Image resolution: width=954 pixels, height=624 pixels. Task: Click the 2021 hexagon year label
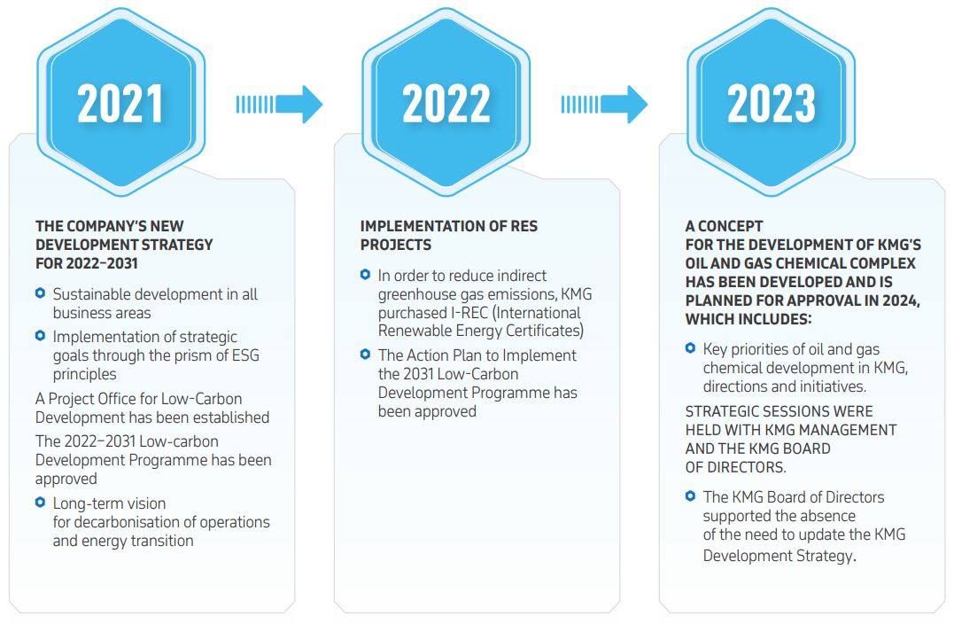(x=120, y=104)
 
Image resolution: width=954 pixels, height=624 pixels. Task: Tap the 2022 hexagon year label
(x=446, y=104)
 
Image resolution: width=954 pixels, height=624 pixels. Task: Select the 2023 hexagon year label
(x=771, y=104)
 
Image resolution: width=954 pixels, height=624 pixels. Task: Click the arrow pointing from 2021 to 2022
(x=279, y=105)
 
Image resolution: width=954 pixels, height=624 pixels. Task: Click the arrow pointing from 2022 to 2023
(x=604, y=105)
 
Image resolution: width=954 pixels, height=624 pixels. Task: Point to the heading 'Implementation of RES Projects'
(x=448, y=236)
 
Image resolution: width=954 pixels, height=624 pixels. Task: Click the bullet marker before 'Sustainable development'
(x=40, y=292)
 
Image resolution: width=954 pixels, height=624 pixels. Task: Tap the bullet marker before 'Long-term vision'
(x=40, y=503)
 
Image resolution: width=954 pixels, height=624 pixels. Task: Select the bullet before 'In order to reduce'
(x=365, y=275)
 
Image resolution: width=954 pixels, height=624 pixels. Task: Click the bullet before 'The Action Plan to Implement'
(x=365, y=354)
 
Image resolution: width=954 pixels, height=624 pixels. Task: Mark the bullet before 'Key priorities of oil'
(x=690, y=348)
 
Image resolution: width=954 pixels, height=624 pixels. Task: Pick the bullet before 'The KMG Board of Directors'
(x=690, y=496)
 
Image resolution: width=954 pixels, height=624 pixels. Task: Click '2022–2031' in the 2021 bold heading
(x=102, y=263)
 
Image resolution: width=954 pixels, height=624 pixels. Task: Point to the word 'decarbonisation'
(x=135, y=522)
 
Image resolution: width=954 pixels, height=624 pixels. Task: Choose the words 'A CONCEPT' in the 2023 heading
(x=724, y=227)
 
